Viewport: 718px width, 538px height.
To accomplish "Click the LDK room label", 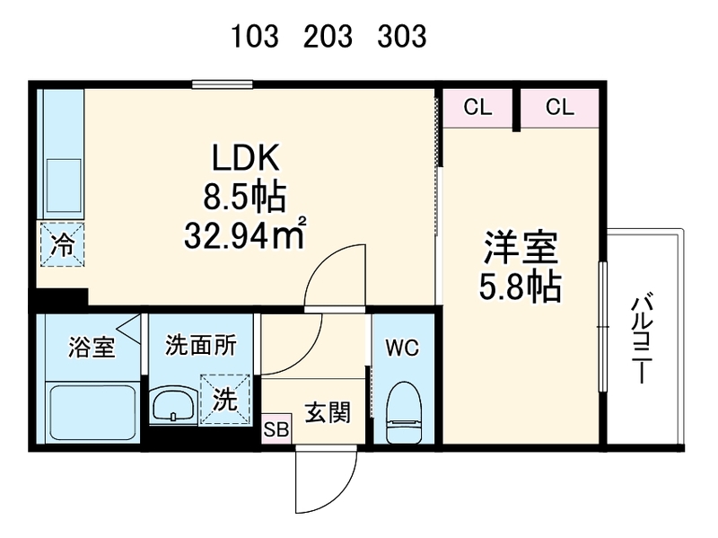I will coord(248,159).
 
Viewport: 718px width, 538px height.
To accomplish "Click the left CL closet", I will coord(477,108).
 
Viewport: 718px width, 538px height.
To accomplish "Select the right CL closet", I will coord(559,108).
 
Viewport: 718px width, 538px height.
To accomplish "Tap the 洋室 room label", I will coord(522,246).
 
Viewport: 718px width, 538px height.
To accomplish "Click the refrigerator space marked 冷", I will coord(62,243).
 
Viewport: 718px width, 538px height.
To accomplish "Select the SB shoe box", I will coord(276,430).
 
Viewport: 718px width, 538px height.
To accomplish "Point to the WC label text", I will coord(402,348).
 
